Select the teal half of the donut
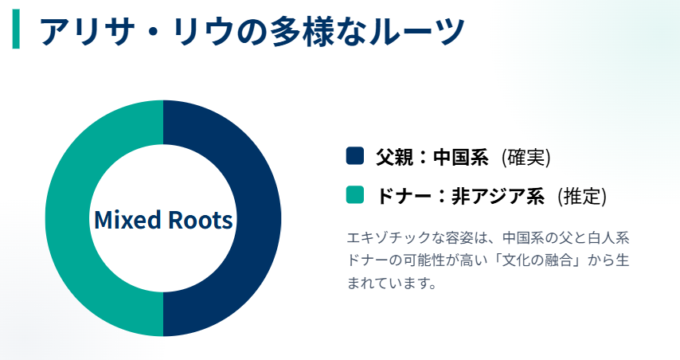click(68, 218)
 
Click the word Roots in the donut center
click(198, 219)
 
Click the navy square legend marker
click(354, 156)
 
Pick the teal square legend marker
click(354, 195)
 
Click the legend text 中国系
click(460, 157)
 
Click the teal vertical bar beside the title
click(16, 30)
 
